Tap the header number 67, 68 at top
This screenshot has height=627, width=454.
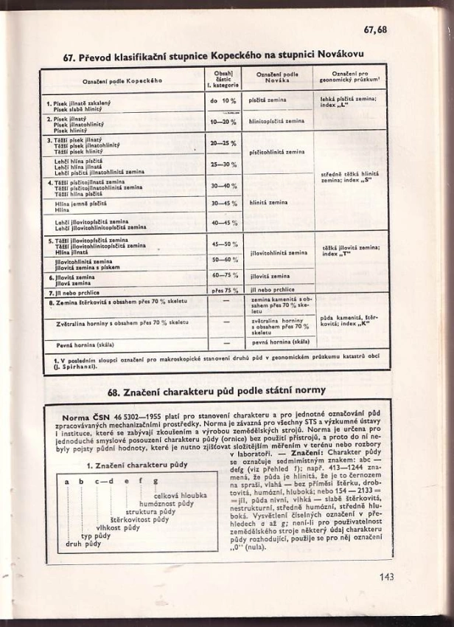click(375, 30)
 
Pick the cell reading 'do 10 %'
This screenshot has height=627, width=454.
click(223, 100)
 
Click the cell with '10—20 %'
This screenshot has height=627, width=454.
click(223, 121)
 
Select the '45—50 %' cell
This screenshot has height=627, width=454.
click(224, 243)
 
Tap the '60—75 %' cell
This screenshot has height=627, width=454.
click(224, 274)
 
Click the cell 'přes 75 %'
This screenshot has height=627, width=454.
click(224, 291)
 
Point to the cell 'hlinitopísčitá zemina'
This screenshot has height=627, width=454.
click(277, 121)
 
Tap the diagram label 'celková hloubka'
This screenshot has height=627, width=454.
click(175, 495)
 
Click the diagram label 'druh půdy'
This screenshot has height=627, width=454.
click(83, 544)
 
